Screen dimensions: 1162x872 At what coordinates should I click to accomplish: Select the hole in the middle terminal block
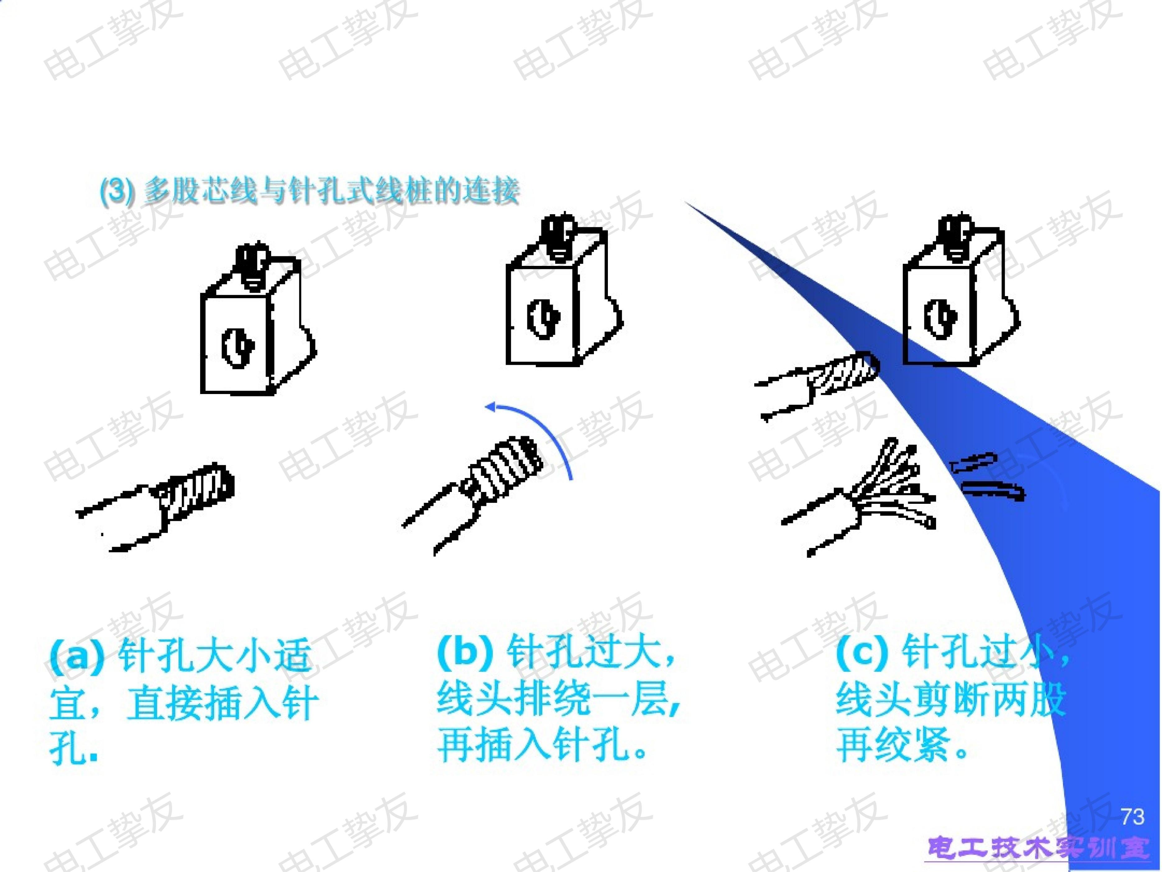543,318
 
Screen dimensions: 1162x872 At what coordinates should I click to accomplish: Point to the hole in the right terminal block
940,318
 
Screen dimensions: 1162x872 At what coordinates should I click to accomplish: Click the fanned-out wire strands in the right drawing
888,486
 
